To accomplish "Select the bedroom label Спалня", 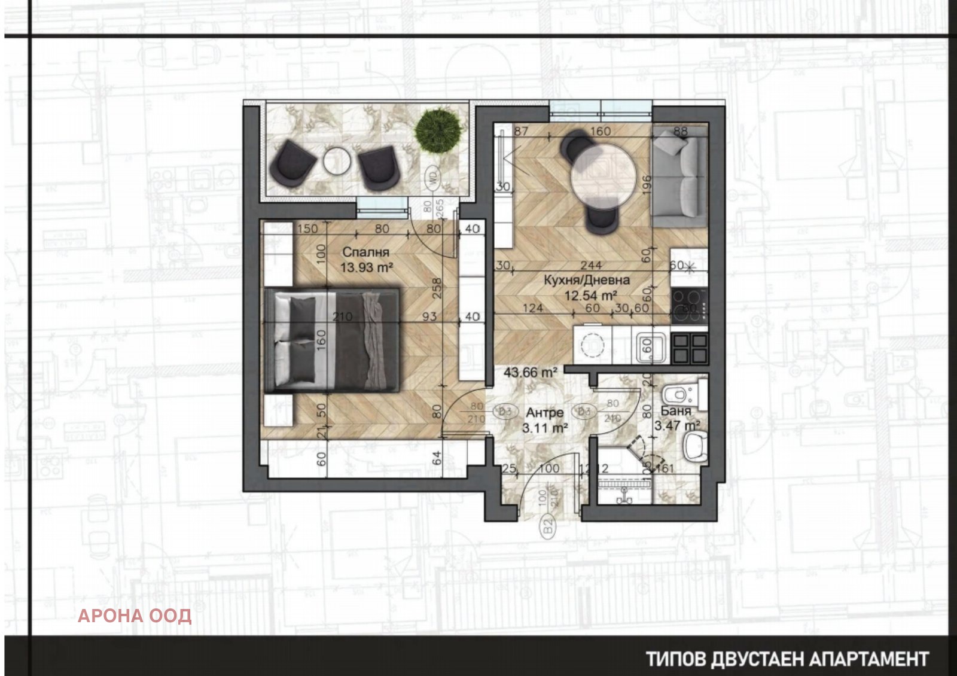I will [x=365, y=252].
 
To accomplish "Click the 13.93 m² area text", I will [x=366, y=268].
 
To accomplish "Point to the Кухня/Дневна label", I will [x=586, y=280].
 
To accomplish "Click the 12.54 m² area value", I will [x=590, y=296].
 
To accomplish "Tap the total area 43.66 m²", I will [x=530, y=372].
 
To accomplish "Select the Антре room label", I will [x=544, y=413].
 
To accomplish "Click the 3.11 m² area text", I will [x=544, y=428].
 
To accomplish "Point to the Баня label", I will [x=676, y=411].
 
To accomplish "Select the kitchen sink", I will [x=650, y=348].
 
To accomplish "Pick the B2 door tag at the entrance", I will [x=547, y=526].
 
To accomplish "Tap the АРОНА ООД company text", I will [x=135, y=616].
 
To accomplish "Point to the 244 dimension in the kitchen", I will [x=591, y=266].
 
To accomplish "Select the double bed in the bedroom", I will [x=332, y=340].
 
